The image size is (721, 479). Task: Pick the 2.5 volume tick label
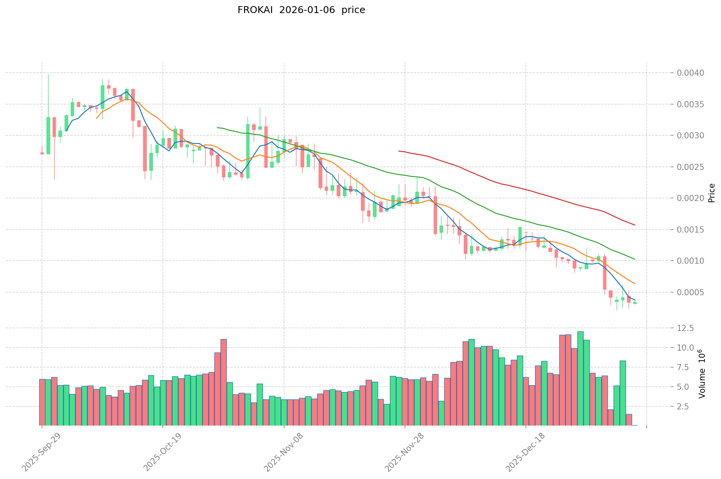tap(688, 406)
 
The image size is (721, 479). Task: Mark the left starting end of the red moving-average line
tap(399, 151)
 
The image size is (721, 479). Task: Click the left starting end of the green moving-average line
tap(217, 128)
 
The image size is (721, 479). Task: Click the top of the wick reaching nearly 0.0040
tap(48, 75)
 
